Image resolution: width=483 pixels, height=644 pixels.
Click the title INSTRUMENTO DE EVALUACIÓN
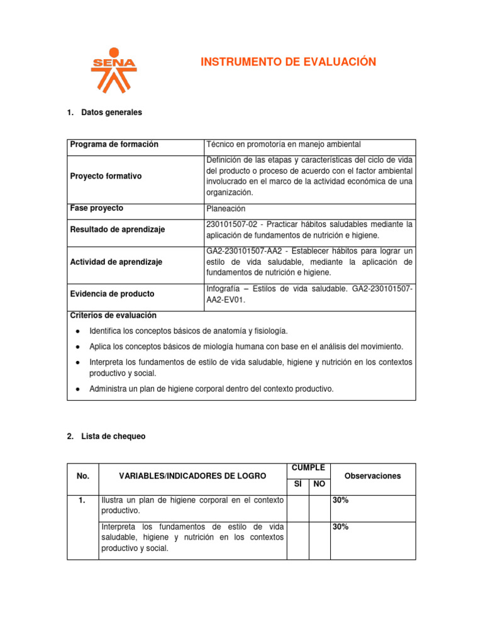(288, 62)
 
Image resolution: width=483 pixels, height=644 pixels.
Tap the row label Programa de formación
(114, 145)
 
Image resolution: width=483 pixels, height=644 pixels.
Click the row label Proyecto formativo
(106, 176)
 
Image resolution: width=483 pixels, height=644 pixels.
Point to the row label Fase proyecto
(97, 208)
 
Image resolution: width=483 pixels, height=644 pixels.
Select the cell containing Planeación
(225, 209)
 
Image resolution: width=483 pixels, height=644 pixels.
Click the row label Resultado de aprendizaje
(117, 230)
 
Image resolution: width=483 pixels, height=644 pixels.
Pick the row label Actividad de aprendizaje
(116, 262)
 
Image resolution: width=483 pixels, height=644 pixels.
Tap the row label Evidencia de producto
(112, 294)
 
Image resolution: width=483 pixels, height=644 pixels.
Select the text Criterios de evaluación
(113, 316)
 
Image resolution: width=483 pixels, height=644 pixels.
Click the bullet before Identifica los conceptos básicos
(76, 331)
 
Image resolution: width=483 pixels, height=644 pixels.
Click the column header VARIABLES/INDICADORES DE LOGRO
(192, 476)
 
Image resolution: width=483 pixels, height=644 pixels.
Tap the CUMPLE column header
(308, 468)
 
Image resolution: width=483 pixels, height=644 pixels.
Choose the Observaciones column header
(372, 476)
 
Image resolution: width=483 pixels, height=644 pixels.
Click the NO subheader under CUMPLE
(319, 484)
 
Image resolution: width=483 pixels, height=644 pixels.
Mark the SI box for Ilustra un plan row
(298, 508)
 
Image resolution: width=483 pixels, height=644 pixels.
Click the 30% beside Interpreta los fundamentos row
(341, 527)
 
